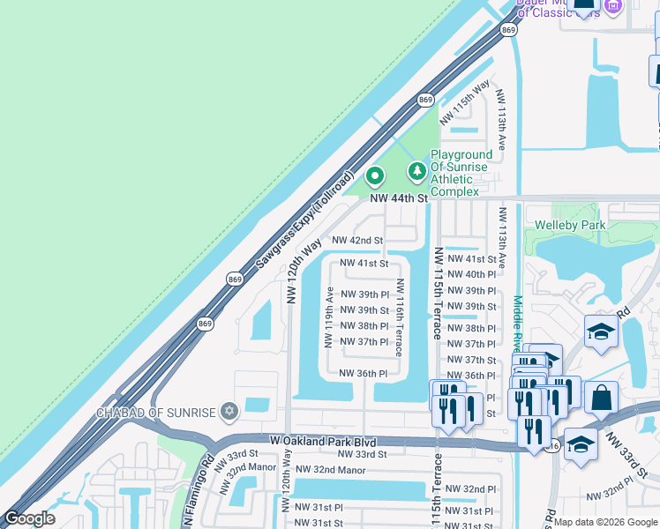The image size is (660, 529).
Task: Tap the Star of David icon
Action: (229, 412)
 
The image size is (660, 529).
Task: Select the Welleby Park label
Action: (570, 225)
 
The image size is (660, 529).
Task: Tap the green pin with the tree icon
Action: (416, 170)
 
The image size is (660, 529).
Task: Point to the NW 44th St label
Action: (398, 199)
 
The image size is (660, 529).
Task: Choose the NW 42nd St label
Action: (357, 240)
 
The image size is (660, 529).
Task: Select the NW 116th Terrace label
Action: (400, 317)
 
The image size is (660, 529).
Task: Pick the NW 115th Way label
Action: (464, 101)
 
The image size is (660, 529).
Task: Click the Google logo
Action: (29, 518)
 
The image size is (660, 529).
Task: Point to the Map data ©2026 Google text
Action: (605, 522)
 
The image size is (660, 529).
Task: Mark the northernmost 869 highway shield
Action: (507, 30)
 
